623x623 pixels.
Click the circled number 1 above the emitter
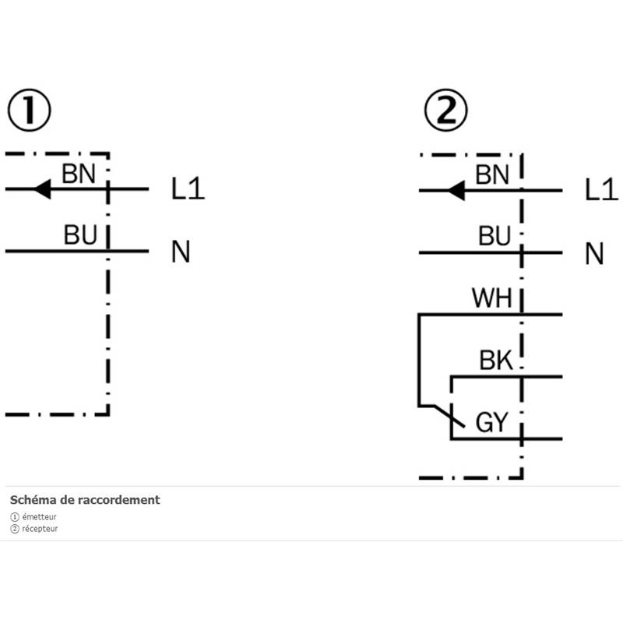29,112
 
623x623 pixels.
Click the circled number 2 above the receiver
445,112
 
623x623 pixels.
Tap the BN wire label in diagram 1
79,174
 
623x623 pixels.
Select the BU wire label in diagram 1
80,236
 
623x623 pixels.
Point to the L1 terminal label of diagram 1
188,189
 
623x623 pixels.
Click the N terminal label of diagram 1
181,252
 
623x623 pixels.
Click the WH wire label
491,299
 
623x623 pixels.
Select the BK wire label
495,361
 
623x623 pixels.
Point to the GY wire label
491,423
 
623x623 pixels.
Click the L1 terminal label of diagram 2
601,189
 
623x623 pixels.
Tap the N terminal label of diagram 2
595,253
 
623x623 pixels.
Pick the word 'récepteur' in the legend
40,529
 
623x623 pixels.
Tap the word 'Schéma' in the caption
29,500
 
